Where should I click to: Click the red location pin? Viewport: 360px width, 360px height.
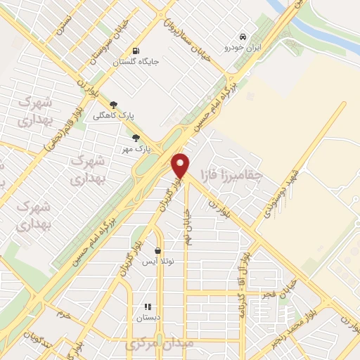(x=181, y=165)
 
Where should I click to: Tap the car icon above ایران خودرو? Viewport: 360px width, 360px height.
(x=242, y=36)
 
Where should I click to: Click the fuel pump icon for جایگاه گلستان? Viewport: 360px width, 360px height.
(x=136, y=51)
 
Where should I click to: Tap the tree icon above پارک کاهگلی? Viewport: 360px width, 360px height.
(x=124, y=105)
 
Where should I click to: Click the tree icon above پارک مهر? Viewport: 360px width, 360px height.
(x=136, y=138)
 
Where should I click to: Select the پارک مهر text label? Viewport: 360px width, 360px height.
(x=142, y=148)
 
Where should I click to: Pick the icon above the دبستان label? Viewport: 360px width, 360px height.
(x=148, y=307)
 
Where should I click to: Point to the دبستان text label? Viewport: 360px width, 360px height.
(x=148, y=318)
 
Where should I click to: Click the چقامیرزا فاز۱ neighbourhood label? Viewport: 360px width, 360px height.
(x=240, y=172)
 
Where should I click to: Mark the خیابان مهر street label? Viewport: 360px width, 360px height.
(x=188, y=226)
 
